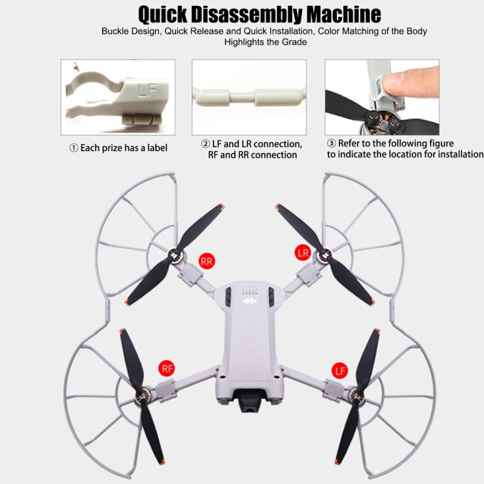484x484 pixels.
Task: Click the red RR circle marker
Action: pyautogui.click(x=207, y=261)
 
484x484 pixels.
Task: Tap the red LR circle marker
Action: pyautogui.click(x=303, y=252)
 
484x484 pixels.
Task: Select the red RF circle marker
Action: pyautogui.click(x=167, y=369)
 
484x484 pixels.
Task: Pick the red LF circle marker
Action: pyautogui.click(x=340, y=370)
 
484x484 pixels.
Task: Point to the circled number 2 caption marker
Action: pyautogui.click(x=206, y=144)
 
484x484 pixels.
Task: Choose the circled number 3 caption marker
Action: pyautogui.click(x=332, y=143)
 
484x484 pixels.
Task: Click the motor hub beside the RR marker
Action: pyautogui.click(x=173, y=257)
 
